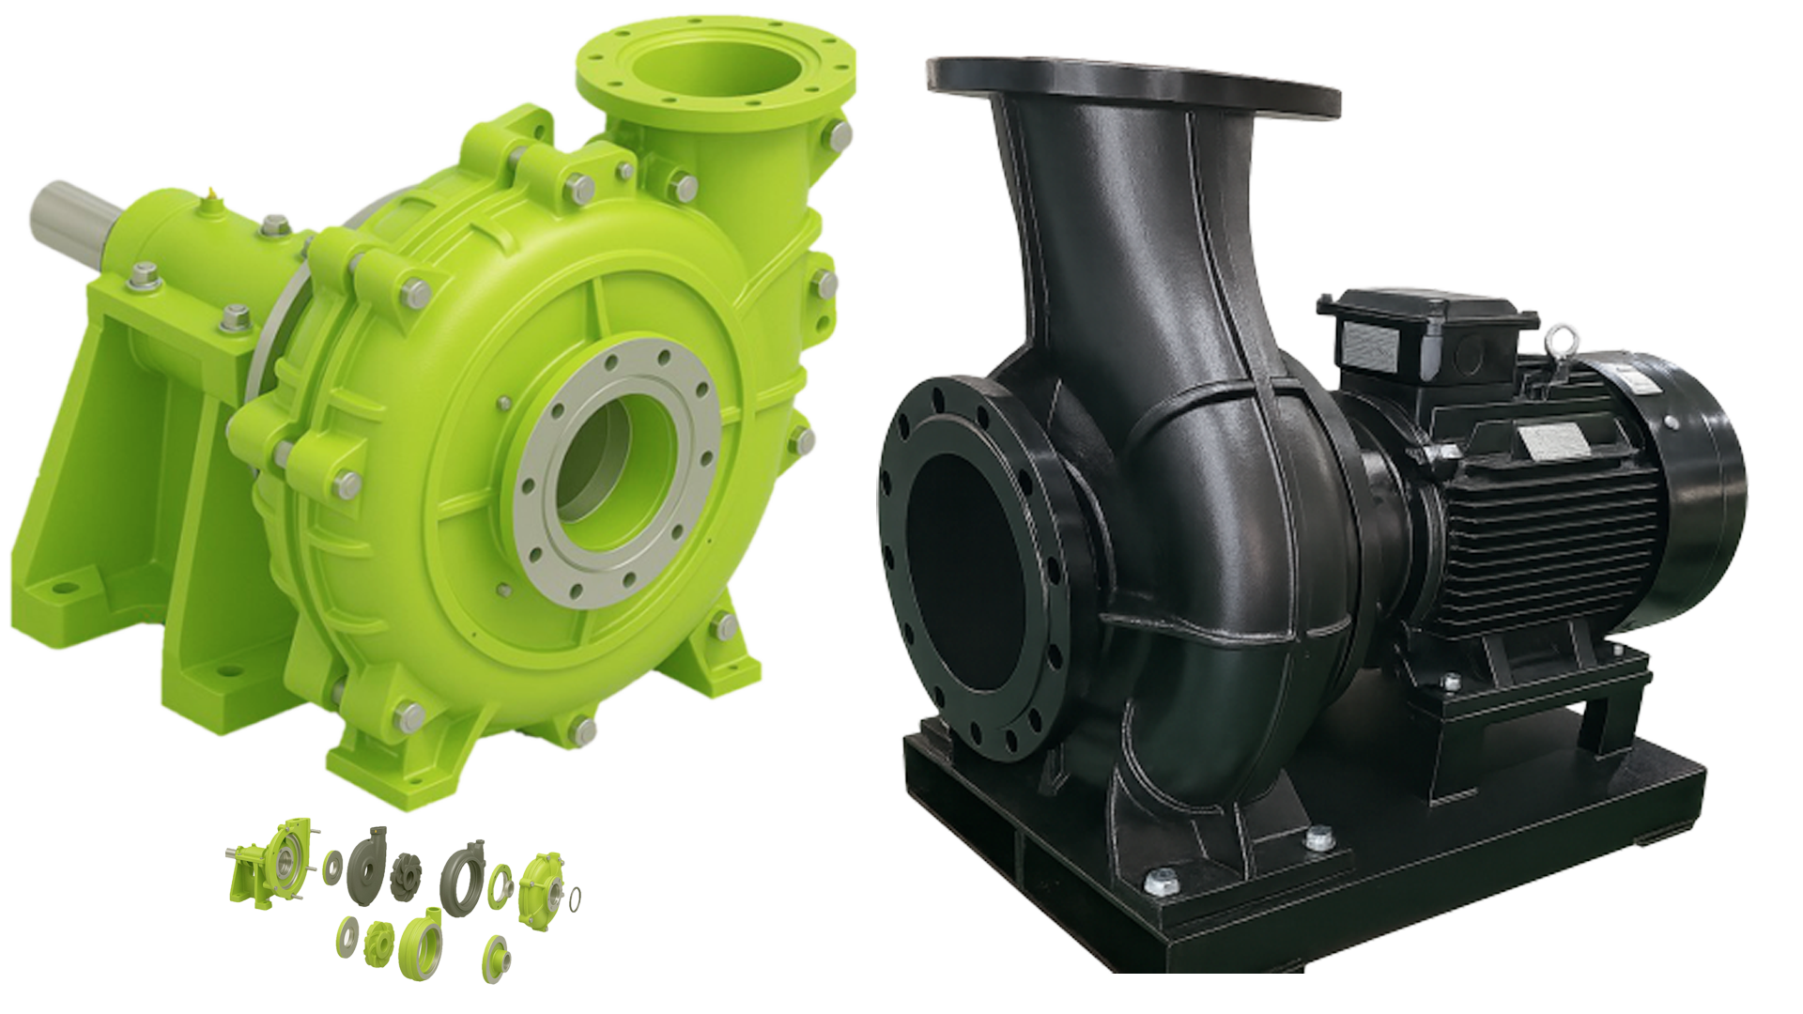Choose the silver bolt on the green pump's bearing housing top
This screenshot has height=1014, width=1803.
(x=274, y=224)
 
